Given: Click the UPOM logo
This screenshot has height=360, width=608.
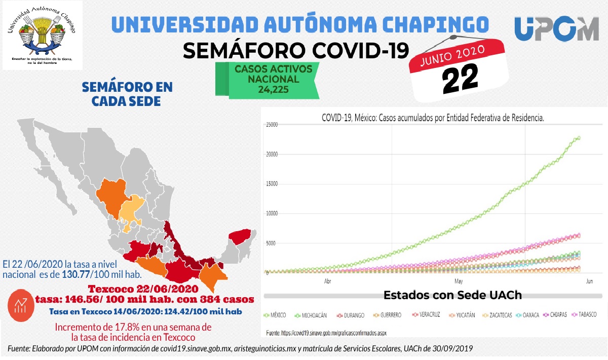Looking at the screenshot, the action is tap(556, 28).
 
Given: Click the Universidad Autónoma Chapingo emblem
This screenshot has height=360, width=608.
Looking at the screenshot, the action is tap(43, 35).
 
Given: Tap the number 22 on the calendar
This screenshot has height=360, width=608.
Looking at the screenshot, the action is tap(460, 79).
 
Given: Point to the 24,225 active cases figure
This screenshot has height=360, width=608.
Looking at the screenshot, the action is tap(273, 89).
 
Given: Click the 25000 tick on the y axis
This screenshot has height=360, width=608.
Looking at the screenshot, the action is tap(272, 125).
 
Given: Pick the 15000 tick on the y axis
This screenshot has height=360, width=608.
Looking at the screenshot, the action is tap(272, 184).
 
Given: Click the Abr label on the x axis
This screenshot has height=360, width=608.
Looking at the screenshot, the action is tap(328, 281).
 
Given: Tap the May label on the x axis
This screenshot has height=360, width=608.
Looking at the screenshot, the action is tap(459, 281).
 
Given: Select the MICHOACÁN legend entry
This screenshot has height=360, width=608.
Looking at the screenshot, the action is tap(311, 315).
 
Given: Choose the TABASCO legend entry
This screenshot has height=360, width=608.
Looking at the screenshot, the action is tap(584, 315).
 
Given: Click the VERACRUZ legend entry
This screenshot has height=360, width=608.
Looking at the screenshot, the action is tap(426, 315).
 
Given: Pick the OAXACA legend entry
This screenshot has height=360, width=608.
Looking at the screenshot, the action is tap(527, 315).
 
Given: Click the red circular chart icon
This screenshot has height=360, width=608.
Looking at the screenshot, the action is tap(21, 305).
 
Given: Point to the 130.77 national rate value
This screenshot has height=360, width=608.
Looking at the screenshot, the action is tap(75, 274).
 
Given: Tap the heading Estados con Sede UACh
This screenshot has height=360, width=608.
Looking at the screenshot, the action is tap(452, 295).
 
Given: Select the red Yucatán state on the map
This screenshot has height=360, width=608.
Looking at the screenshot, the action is tap(240, 237).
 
